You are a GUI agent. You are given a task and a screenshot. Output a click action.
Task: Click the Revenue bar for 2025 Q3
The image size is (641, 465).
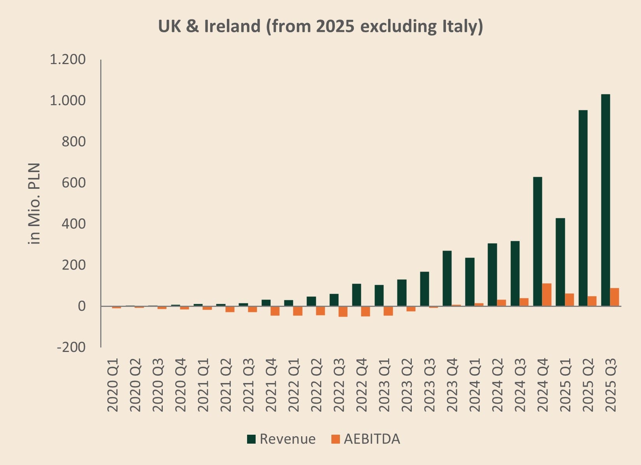[606, 200]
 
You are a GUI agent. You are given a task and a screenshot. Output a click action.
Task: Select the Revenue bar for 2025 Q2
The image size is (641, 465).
[583, 208]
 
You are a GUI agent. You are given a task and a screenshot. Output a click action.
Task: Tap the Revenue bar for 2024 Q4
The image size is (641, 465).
[537, 242]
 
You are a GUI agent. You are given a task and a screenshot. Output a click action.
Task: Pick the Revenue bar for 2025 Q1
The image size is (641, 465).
[560, 262]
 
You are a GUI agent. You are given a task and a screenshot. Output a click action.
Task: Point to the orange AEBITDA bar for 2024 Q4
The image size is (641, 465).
[547, 295]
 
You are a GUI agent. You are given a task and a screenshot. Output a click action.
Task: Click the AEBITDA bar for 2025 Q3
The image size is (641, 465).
[614, 297]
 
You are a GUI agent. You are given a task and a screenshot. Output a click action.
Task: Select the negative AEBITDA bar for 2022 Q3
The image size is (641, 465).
[343, 312]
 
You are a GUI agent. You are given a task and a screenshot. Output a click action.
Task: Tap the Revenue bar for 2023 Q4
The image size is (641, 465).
[447, 279]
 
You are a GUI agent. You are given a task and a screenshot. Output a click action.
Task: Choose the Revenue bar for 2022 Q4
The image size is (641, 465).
[357, 295]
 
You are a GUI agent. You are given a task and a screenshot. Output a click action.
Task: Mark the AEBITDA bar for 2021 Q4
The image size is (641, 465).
[275, 311]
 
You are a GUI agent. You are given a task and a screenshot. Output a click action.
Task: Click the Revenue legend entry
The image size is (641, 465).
[281, 439]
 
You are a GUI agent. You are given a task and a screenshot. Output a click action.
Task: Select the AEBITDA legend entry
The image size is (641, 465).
[366, 439]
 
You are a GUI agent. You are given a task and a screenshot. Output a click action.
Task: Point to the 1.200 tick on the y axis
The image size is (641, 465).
[68, 59]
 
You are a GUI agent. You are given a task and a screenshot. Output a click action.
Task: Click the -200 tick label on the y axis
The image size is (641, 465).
[71, 348]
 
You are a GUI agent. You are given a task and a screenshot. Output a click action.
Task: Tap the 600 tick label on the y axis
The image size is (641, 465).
[73, 183]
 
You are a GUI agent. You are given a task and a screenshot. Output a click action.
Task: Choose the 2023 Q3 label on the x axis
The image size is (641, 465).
[429, 385]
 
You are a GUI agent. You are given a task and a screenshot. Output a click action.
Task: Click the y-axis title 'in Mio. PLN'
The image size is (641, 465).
[34, 204]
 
